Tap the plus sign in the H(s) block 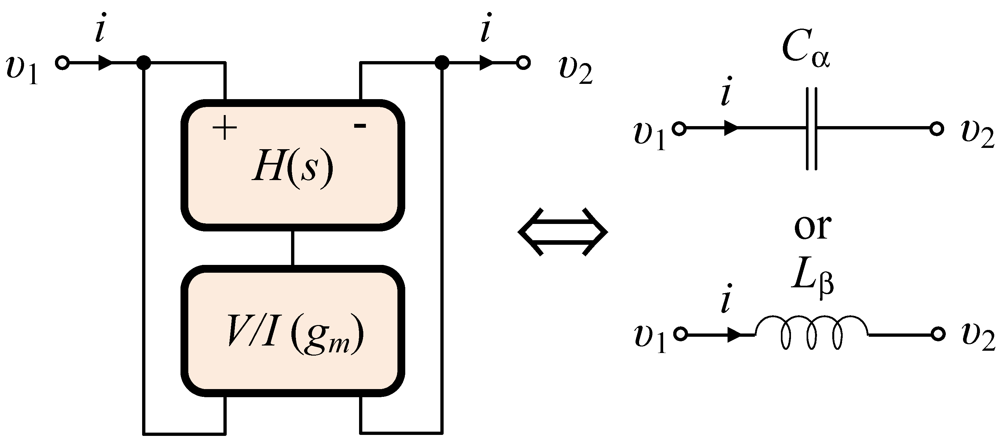point(224,128)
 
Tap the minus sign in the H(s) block point(359,126)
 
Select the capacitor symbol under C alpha point(811,128)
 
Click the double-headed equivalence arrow point(562,232)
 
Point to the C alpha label point(805,51)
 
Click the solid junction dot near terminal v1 point(144,62)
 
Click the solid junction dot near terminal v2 point(442,62)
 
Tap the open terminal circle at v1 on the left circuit point(62,62)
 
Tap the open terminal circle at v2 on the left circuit point(523,62)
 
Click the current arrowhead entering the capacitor point(730,128)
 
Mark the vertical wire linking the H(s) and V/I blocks point(293,248)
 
